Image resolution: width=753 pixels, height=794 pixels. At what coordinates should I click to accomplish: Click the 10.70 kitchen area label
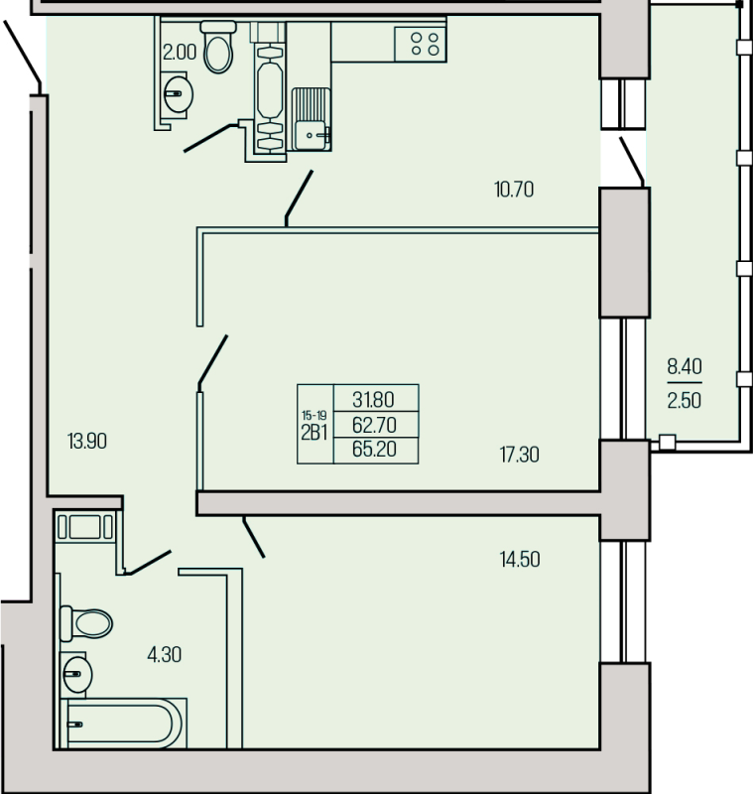click(x=514, y=190)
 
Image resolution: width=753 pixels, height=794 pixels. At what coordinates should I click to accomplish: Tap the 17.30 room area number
click(x=519, y=455)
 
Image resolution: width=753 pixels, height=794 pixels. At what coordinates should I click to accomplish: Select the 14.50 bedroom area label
click(x=520, y=560)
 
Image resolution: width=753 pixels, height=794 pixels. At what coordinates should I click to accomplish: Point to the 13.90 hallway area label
click(x=87, y=442)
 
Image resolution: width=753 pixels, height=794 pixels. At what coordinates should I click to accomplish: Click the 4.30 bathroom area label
click(x=164, y=655)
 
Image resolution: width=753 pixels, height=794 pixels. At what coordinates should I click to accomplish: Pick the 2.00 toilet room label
click(x=180, y=53)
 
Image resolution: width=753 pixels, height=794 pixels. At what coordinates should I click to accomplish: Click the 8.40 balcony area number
click(x=685, y=365)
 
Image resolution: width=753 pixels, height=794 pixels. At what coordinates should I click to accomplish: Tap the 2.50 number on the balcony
click(x=685, y=401)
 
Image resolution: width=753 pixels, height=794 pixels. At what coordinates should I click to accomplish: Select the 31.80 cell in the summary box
click(x=373, y=400)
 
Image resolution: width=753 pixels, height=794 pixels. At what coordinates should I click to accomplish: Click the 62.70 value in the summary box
click(x=374, y=426)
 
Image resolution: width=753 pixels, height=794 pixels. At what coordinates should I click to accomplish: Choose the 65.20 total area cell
click(x=374, y=450)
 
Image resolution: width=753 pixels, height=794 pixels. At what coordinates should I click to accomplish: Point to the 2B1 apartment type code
click(x=314, y=433)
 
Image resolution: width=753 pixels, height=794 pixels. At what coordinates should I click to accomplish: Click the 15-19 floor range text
click(x=314, y=416)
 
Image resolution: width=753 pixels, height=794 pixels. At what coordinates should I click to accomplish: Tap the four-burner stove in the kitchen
click(x=421, y=44)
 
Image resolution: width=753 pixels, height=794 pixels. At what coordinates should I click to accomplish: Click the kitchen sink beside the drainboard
click(x=313, y=135)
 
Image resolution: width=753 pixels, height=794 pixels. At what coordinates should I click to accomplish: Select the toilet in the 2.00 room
click(x=218, y=47)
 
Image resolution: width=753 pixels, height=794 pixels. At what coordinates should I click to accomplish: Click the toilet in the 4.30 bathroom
click(x=86, y=623)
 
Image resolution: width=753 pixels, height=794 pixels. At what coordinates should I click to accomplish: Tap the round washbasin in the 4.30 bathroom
click(x=76, y=675)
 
